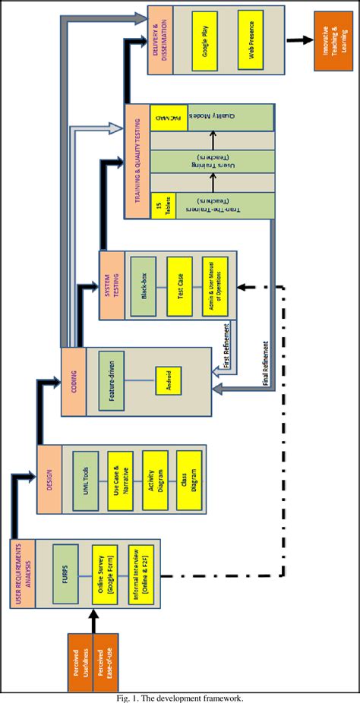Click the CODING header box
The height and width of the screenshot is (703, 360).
tap(74, 380)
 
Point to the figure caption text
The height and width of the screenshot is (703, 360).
tap(179, 697)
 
